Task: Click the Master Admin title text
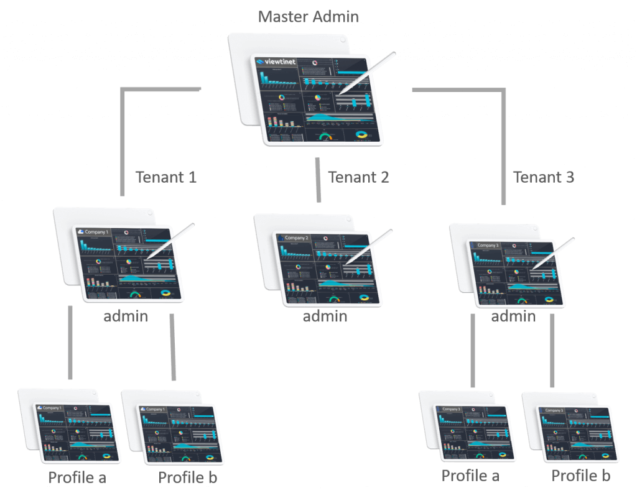(309, 16)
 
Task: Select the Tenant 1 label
(166, 177)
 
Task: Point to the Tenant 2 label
(358, 177)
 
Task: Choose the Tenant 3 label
(544, 177)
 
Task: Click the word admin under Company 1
(126, 316)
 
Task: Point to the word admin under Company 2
(325, 316)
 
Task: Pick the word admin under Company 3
(513, 316)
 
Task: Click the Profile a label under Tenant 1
(77, 477)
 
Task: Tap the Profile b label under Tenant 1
(187, 477)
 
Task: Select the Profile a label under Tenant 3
(470, 476)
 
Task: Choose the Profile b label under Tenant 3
(580, 476)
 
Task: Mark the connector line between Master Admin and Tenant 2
(318, 180)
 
